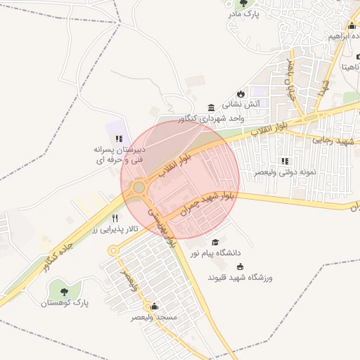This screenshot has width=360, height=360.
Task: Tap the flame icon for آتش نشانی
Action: (240, 94)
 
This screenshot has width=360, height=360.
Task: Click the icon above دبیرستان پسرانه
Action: (119, 139)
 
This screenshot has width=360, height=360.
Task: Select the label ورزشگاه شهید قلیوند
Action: (240, 278)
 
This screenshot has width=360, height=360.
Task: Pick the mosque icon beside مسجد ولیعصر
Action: (155, 307)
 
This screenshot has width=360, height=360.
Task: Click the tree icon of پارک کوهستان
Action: (64, 290)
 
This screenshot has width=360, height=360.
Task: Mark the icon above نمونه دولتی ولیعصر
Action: (284, 161)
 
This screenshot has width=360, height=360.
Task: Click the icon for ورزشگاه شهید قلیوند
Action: (240, 267)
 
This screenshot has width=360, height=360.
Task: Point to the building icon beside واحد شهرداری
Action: (212, 107)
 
